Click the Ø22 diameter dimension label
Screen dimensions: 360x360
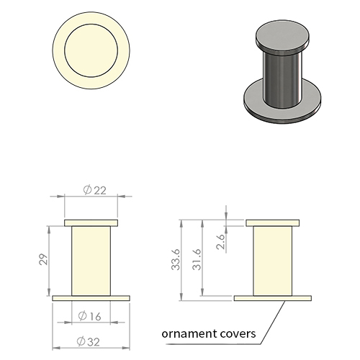coord(94,190)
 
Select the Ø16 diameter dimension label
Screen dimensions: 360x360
coord(89,316)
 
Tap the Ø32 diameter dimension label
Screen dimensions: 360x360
coord(88,341)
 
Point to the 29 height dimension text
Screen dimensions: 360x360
coord(44,259)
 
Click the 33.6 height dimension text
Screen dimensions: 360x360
coord(176,259)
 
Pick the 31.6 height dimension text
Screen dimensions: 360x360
coord(197,259)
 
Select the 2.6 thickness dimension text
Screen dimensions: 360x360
coord(220,242)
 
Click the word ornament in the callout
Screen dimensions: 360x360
coord(186,333)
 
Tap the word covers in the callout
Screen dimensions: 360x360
coord(235,333)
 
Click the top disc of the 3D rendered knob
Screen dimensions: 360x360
coord(282,35)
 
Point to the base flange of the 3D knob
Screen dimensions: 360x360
coord(282,113)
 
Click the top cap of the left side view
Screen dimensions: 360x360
coord(91,223)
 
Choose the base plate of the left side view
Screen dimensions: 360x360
coord(91,298)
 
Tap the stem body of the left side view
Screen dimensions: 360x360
coord(91,261)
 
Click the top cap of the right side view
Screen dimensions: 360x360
coord(273,223)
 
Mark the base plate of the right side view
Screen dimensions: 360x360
coord(273,298)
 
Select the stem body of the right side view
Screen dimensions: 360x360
coord(273,261)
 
